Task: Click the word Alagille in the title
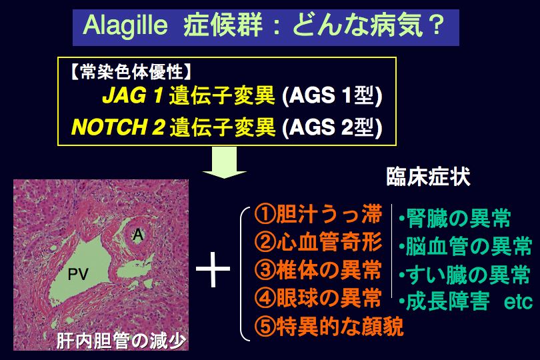point(125,27)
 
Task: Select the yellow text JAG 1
point(132,95)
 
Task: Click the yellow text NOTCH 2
point(118,127)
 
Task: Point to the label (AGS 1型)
point(332,95)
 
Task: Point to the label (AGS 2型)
point(332,127)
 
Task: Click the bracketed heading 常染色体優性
point(131,73)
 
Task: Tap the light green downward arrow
point(225,163)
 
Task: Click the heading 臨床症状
point(428,177)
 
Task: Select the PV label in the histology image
point(78,274)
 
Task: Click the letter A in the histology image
point(138,235)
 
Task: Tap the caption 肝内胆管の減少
point(121,341)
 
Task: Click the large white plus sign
point(213,269)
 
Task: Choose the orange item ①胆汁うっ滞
point(318,214)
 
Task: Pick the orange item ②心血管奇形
point(318,242)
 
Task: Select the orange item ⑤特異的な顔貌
point(329,326)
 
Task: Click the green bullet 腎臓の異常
point(455,219)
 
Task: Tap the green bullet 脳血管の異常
point(465,246)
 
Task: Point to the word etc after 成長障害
point(518,303)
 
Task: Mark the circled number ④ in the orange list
point(265,298)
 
